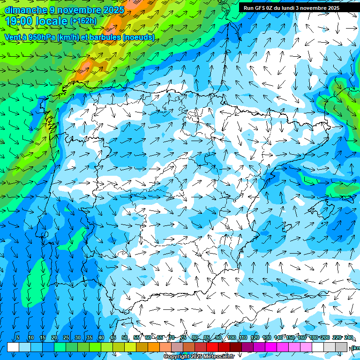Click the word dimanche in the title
[x=26, y=10]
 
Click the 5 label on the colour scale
[x=18, y=337]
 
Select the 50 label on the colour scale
[x=124, y=337]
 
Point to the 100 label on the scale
[x=232, y=337]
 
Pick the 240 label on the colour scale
[x=348, y=337]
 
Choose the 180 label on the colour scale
[x=313, y=337]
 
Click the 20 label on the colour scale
[x=54, y=337]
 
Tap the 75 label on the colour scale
[x=183, y=337]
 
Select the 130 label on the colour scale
[x=267, y=337]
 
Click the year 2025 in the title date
[x=113, y=10]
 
